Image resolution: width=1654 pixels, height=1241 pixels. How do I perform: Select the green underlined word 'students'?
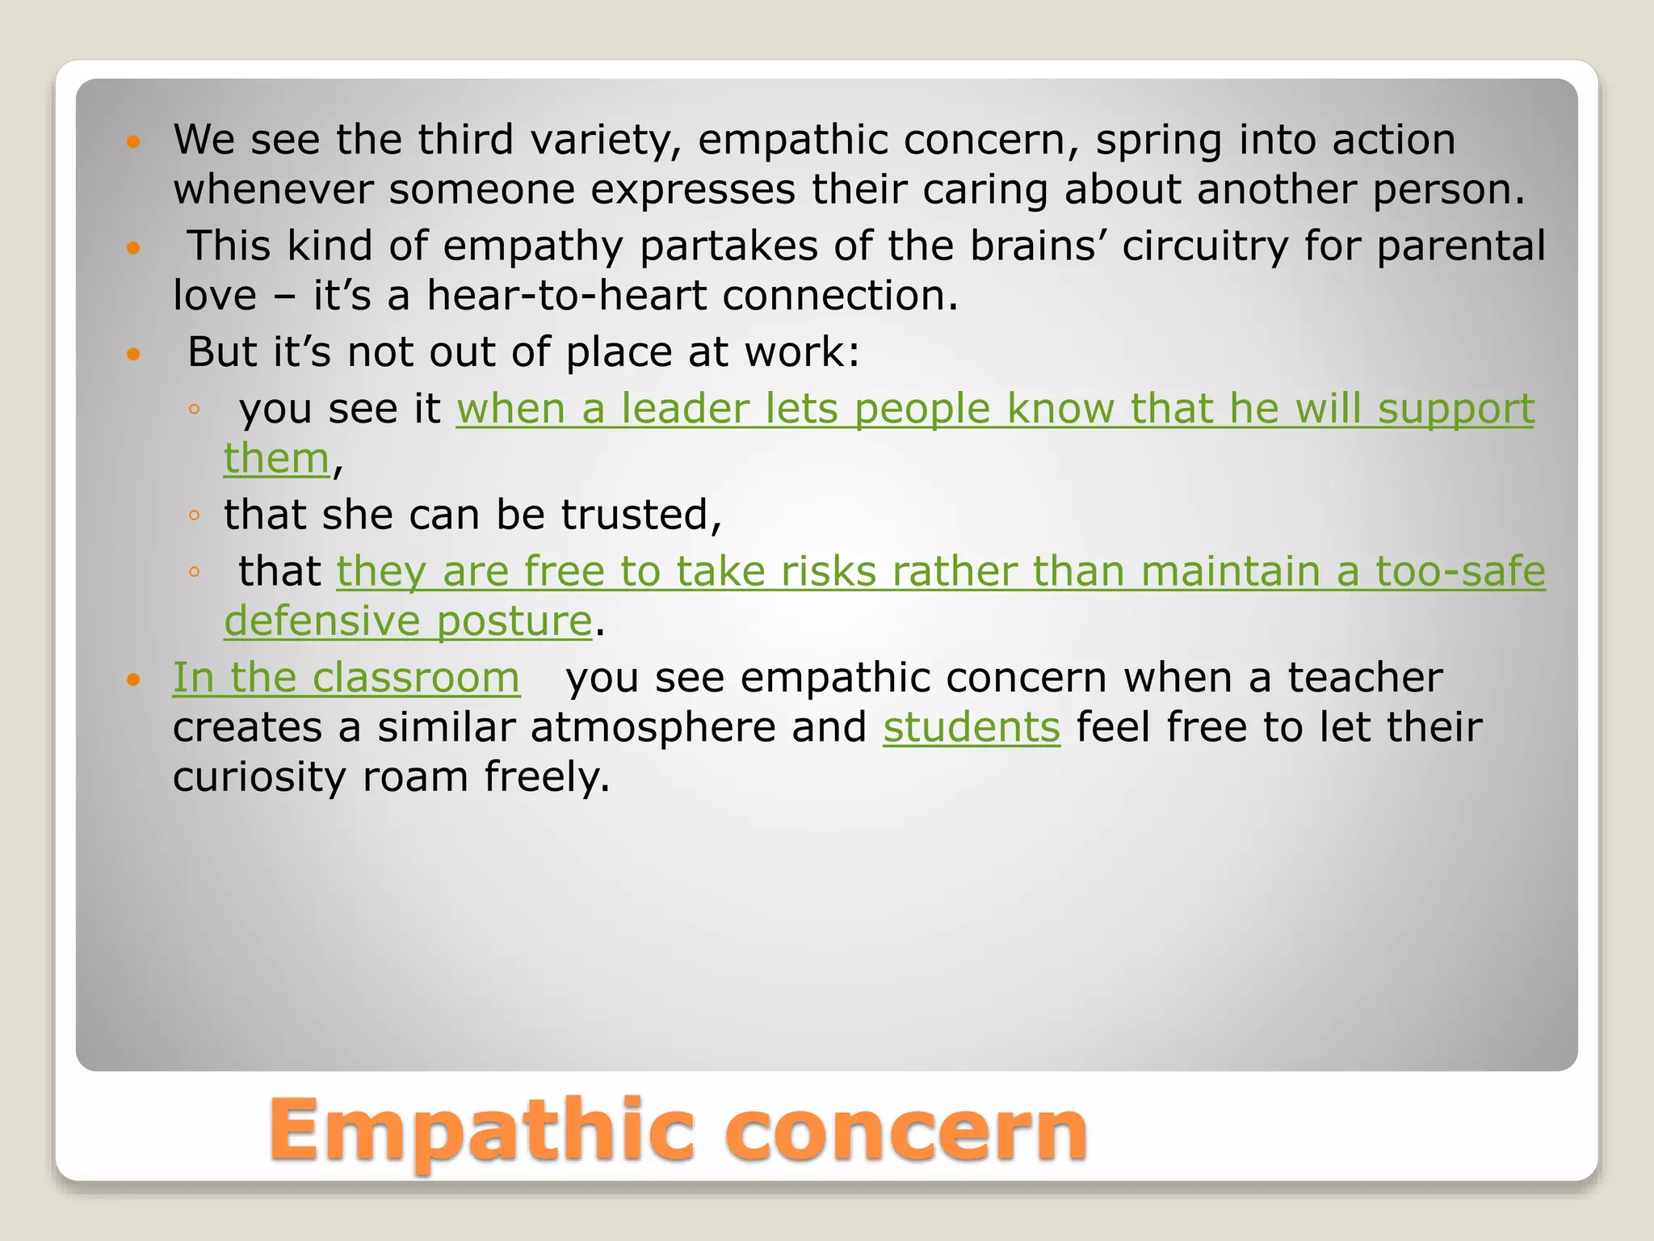click(971, 727)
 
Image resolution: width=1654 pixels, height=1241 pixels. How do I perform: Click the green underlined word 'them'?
click(277, 459)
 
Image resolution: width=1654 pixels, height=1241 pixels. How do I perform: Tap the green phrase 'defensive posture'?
click(409, 621)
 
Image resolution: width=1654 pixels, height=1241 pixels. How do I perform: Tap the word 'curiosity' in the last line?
click(259, 777)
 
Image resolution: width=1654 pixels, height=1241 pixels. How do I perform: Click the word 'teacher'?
click(1364, 677)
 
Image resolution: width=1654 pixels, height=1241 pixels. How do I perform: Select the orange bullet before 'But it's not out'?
click(134, 354)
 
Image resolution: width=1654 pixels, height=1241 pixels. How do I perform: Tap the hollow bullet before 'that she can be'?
click(193, 515)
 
